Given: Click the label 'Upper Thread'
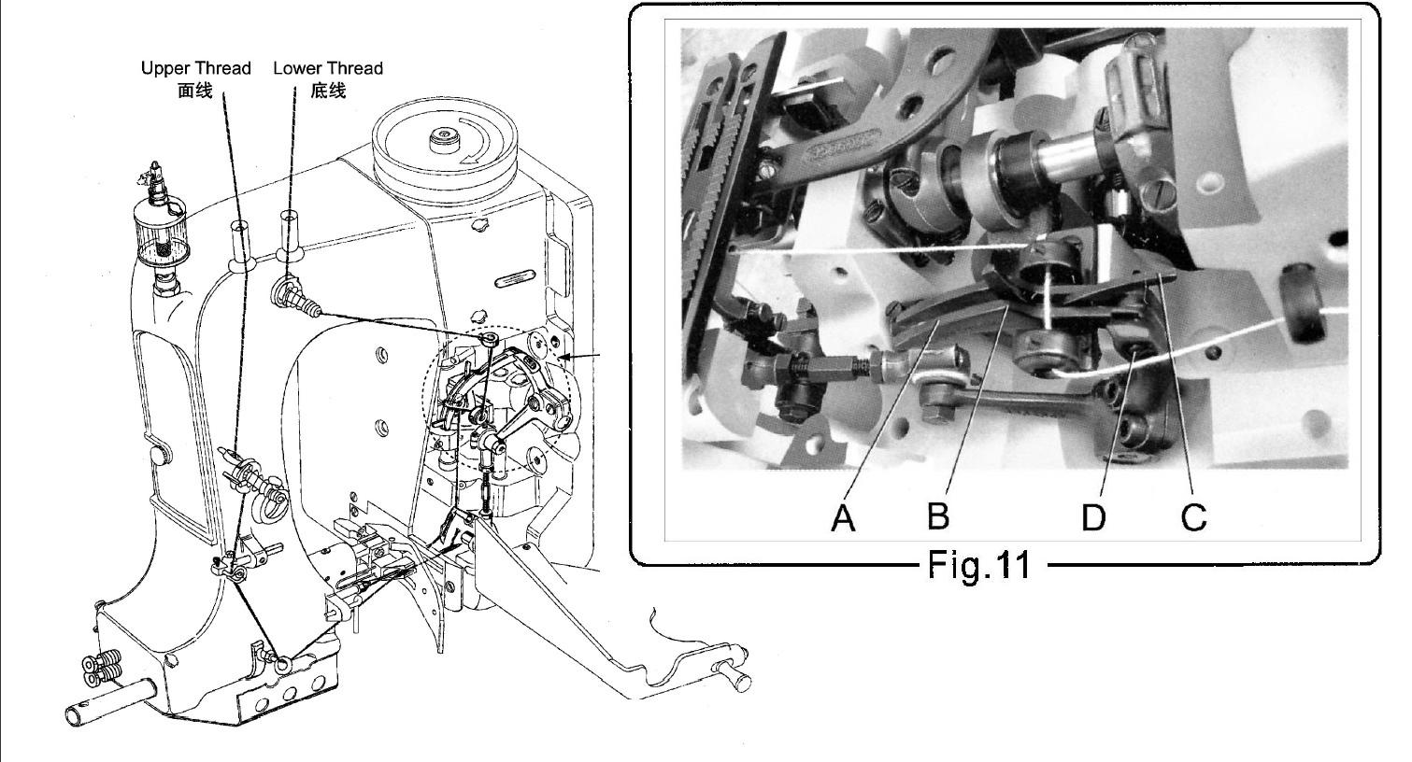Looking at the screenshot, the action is pyautogui.click(x=195, y=68).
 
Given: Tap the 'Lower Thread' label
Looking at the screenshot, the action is pyautogui.click(x=328, y=68).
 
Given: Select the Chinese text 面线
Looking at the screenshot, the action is pyautogui.click(x=195, y=91).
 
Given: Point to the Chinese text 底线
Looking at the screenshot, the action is pyautogui.click(x=328, y=91).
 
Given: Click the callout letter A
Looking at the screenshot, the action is pyautogui.click(x=844, y=518).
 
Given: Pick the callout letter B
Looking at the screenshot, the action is pyautogui.click(x=938, y=515).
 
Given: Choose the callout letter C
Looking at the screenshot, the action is pyautogui.click(x=1193, y=517).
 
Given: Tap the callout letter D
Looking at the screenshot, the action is pyautogui.click(x=1093, y=518).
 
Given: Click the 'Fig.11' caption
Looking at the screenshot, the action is pyautogui.click(x=979, y=564).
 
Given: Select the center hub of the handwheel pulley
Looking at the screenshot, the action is pyautogui.click(x=444, y=140).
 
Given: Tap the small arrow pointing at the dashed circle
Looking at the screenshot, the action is pyautogui.click(x=580, y=357).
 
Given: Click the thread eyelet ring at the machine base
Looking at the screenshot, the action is pyautogui.click(x=283, y=662).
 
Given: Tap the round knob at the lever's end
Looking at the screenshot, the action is pyautogui.click(x=737, y=680).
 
